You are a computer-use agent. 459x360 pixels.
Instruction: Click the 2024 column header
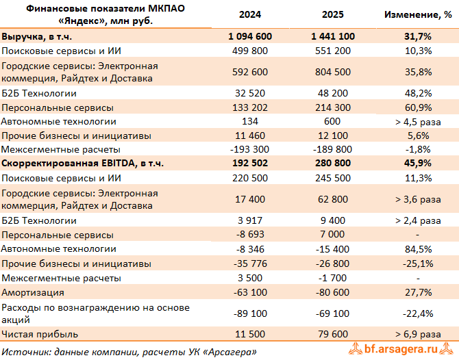[253, 14]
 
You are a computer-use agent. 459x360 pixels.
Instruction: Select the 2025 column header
[336, 14]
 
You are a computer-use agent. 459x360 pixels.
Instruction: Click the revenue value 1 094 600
[253, 36]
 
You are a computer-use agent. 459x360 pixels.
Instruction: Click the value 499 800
[253, 51]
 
